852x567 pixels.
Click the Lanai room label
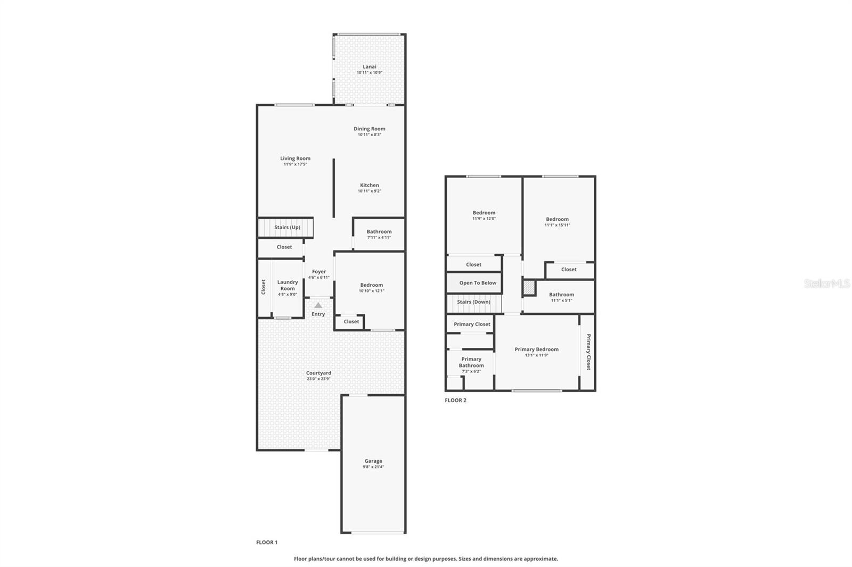[x=369, y=67]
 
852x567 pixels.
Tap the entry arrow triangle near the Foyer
[x=318, y=305]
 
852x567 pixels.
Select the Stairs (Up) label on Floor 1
[x=287, y=228]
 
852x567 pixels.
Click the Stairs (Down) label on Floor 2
[x=473, y=302]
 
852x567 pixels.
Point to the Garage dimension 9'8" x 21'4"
[x=373, y=467]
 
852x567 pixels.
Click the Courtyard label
[x=318, y=373]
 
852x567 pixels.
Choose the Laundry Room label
[x=288, y=286]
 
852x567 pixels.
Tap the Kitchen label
[x=369, y=185]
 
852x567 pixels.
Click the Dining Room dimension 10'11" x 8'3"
[x=369, y=135]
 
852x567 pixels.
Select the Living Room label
[x=295, y=159]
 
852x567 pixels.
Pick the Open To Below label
[x=478, y=283]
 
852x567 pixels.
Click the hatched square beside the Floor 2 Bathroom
[x=529, y=288]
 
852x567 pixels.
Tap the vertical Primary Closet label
[x=588, y=352]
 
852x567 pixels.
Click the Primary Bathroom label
[x=471, y=362]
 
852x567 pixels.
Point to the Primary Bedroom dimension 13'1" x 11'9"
[x=536, y=355]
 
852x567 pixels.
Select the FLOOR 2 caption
[x=455, y=401]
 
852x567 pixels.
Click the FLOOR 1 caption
[x=267, y=543]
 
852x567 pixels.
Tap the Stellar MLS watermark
[x=826, y=283]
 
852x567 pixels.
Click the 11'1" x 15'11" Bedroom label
[x=557, y=219]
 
